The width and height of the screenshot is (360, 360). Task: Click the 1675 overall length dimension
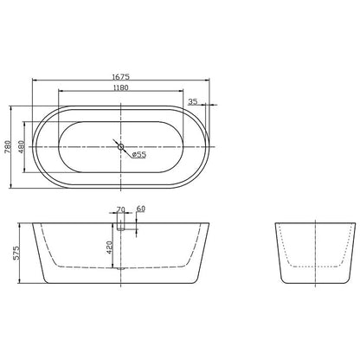(x=121, y=76)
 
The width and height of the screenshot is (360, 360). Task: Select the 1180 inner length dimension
(x=121, y=87)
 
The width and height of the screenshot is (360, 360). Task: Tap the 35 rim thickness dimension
(x=192, y=101)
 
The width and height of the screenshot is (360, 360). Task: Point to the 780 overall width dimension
(x=8, y=146)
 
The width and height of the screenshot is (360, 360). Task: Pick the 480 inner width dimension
(x=22, y=146)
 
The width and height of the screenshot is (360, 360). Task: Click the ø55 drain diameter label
(x=139, y=155)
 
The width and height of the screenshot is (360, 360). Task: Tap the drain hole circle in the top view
(x=120, y=146)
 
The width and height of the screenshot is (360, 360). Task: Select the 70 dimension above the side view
(x=120, y=209)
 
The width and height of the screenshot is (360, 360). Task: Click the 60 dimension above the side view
(x=140, y=209)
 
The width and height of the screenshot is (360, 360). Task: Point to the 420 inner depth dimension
(x=109, y=247)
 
